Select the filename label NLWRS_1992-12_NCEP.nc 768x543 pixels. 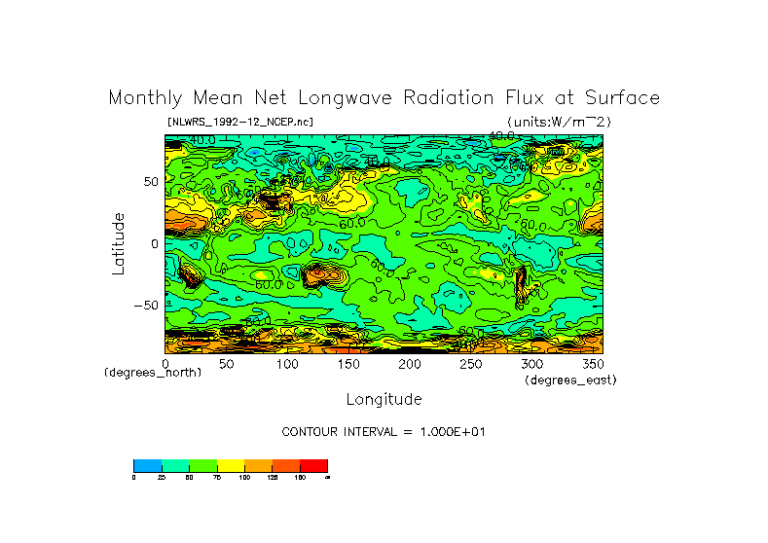[239, 122]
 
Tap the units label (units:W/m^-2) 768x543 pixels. [559, 122]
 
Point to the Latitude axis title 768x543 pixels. [118, 243]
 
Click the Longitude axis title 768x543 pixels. [384, 399]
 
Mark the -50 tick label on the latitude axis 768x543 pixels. [145, 305]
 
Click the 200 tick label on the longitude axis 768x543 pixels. [409, 363]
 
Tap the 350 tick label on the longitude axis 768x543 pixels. [592, 363]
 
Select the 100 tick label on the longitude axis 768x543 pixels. [287, 363]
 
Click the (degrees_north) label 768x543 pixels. [153, 373]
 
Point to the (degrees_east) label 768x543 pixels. [570, 380]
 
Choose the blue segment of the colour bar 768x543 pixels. [147, 465]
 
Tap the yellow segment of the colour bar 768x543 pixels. [231, 465]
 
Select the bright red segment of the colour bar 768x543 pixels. [313, 465]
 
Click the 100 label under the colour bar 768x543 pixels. [243, 478]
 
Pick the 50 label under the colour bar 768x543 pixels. [189, 478]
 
